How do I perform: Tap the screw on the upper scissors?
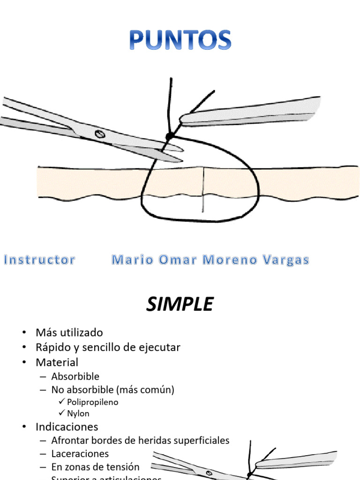pos(99,134)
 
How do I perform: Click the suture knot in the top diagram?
pos(170,136)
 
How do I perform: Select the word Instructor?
pos(39,260)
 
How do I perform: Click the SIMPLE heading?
pos(180,305)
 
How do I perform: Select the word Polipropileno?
pos(93,402)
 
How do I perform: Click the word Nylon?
pos(78,413)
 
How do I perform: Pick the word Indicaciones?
pos(67,427)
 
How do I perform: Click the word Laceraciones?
pos(80,454)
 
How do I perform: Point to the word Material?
pos(57,362)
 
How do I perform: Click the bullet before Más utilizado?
pos(24,333)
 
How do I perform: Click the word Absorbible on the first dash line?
pos(75,376)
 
